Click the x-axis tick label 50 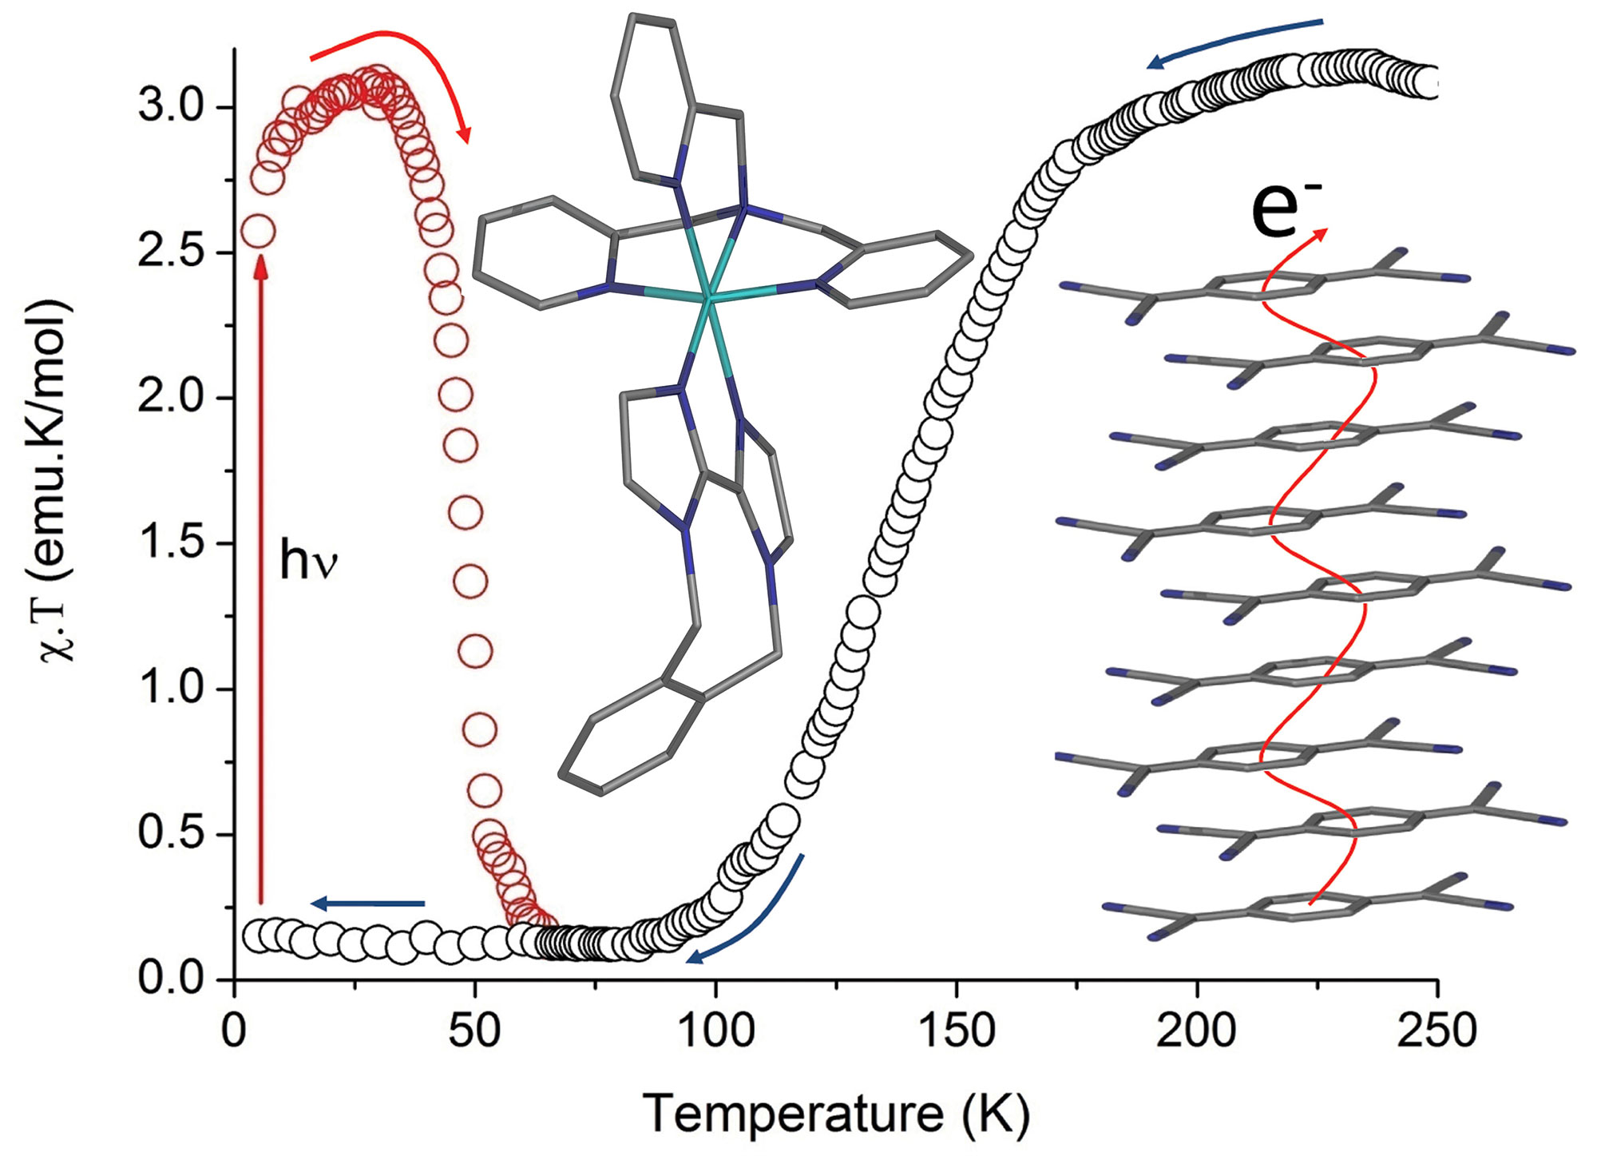(x=475, y=1031)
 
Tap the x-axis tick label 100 (x=716, y=1031)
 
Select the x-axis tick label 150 (x=956, y=1031)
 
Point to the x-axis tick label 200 (x=1197, y=1031)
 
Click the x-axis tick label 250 (x=1437, y=1031)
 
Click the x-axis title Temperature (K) (x=835, y=1114)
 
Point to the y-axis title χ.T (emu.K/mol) (x=53, y=479)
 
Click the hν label (x=308, y=561)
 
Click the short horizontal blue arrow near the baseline (x=367, y=904)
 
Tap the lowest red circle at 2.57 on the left (x=259, y=232)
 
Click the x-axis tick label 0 (x=234, y=1031)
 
